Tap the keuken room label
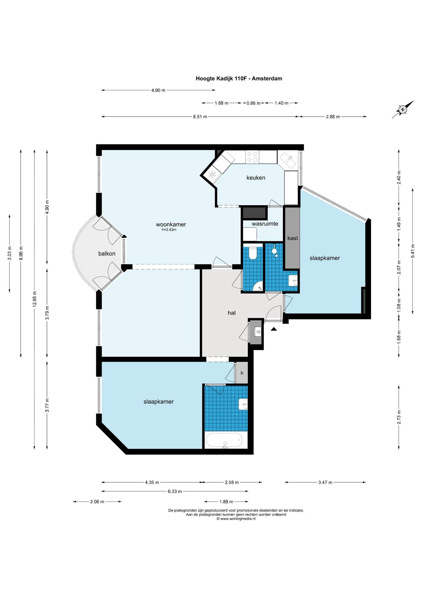pos(256,178)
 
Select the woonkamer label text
pos(171,224)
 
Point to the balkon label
pos(107,254)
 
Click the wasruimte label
pos(265,224)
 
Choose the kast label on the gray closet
pos(293,238)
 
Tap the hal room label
pos(232,313)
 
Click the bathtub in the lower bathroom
pos(224,440)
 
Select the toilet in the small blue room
pos(253,253)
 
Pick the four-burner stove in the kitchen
pos(252,157)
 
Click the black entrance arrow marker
pos(274,329)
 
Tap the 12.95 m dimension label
pos(35,299)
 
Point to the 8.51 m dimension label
pos(200,117)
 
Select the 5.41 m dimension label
pos(412,251)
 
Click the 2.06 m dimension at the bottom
pos(97,502)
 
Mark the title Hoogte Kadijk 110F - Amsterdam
pos(239,78)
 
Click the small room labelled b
pos(242,373)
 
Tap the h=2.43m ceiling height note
pos(169,230)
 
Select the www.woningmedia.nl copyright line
pos(236,519)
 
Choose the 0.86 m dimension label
pos(253,103)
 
